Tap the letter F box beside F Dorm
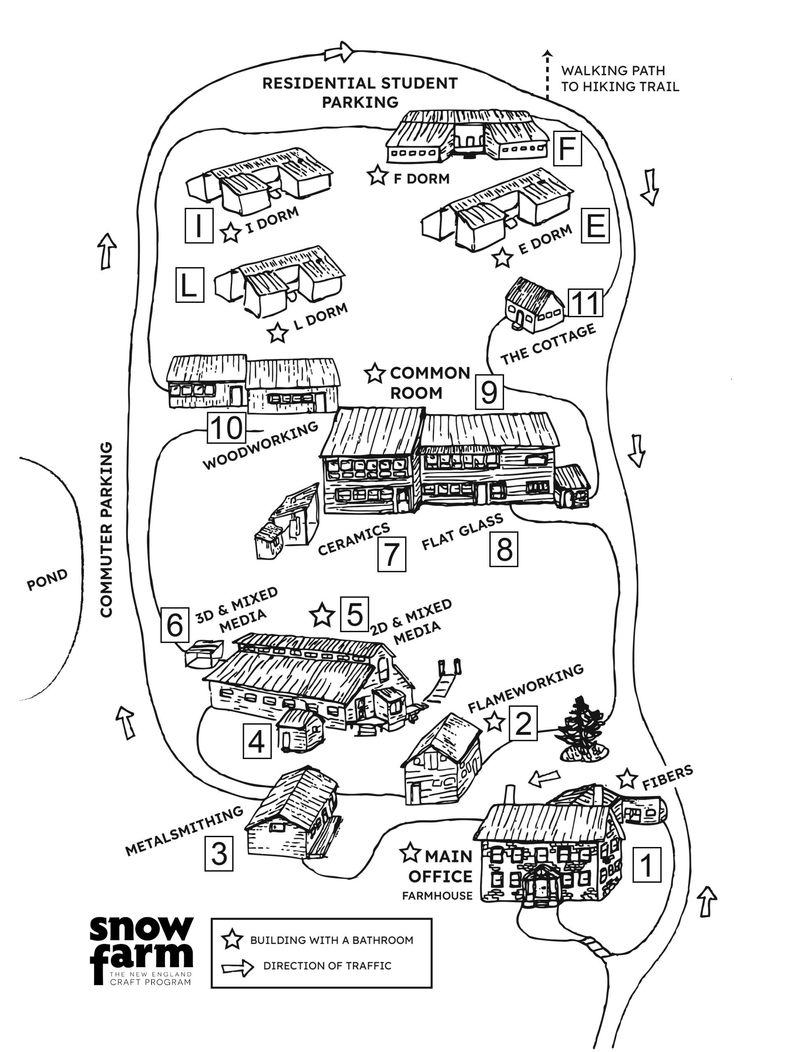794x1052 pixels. click(x=567, y=148)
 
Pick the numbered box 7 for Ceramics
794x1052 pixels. click(x=391, y=554)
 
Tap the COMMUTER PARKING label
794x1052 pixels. click(x=106, y=530)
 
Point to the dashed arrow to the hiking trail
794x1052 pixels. click(x=548, y=75)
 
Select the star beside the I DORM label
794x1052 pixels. click(x=231, y=233)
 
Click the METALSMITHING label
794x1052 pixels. click(x=184, y=831)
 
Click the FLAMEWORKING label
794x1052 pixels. click(x=525, y=688)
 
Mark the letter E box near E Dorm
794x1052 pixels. click(x=595, y=226)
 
